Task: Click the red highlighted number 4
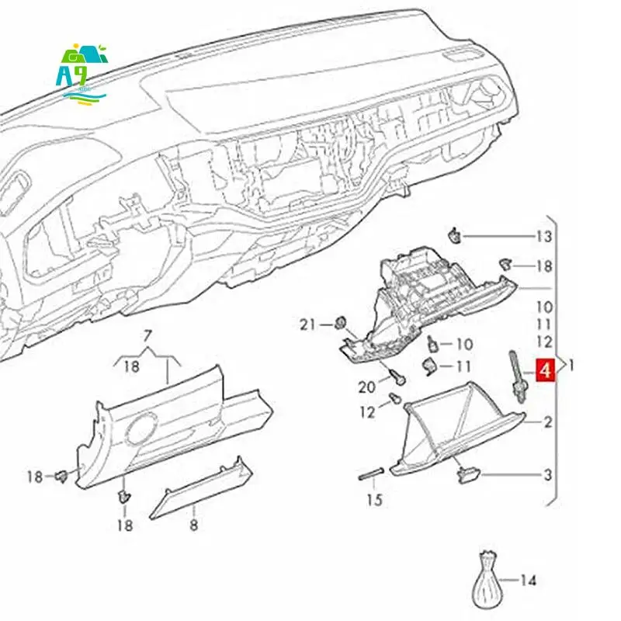[545, 370]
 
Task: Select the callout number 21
[308, 324]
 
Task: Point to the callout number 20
[366, 387]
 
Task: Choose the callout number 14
[529, 580]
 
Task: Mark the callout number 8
[193, 526]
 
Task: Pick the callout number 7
[147, 336]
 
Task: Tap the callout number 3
[547, 474]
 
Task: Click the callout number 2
[547, 423]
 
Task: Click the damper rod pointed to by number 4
[516, 373]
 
